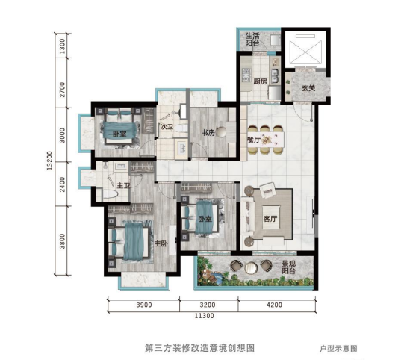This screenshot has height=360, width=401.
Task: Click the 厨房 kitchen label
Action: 260,81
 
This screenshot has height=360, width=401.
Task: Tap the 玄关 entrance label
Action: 308,88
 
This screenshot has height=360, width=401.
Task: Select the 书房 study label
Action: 208,133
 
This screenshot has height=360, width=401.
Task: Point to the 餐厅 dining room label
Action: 254,140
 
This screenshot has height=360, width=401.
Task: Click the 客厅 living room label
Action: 270,219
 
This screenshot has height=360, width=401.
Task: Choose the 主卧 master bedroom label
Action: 161,243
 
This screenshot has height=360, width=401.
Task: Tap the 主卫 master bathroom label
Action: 123,185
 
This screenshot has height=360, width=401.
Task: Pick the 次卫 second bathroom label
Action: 167,126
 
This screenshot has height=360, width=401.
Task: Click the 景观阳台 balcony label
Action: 289,267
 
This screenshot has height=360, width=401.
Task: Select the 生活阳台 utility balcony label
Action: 252,39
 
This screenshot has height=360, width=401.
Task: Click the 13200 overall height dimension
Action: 49,161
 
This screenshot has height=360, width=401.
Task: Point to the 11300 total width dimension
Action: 205,316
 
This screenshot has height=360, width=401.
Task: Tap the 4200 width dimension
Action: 274,305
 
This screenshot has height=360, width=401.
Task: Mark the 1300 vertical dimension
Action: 62,46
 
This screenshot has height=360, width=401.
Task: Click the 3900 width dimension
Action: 144,305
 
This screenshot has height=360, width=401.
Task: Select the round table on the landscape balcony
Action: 251,267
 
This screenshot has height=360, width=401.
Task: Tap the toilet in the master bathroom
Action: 110,194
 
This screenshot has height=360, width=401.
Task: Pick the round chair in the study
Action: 222,132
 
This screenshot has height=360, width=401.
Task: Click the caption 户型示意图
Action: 338,348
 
